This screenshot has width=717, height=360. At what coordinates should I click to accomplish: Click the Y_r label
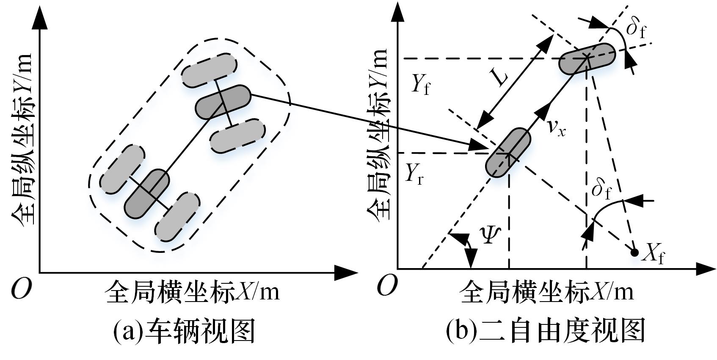point(414,174)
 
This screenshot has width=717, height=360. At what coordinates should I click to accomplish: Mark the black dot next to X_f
point(634,252)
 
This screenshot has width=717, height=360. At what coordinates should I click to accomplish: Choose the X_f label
point(653,255)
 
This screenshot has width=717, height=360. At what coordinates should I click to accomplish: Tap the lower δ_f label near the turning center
point(601,189)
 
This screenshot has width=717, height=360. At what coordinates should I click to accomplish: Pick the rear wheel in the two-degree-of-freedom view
point(507,152)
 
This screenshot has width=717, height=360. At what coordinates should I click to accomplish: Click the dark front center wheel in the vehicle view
point(223,102)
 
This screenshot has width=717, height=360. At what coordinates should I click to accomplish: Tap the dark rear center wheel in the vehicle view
point(147,194)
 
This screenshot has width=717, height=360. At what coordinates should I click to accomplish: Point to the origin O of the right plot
point(387,285)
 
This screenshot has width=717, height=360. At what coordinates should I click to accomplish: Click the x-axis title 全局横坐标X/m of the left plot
point(193,292)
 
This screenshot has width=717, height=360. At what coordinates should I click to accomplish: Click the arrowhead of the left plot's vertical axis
point(39,17)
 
